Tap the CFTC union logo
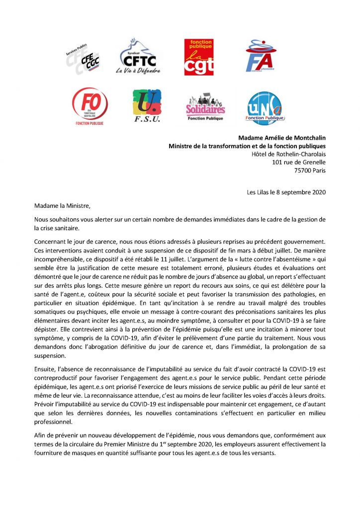click(136, 56)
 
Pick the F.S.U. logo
click(147, 106)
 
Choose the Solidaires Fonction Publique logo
click(205, 107)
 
